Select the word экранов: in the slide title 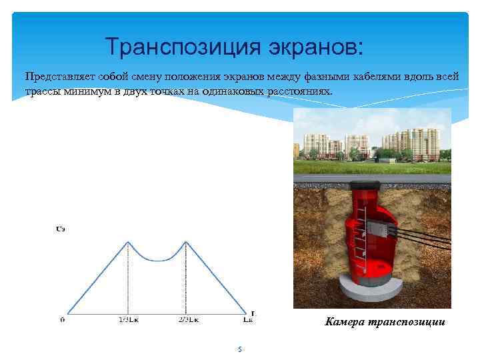(313, 47)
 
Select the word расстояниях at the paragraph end (299, 91)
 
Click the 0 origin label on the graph (62, 320)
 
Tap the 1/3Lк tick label (128, 320)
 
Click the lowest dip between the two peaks (157, 260)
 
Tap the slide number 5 (239, 349)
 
